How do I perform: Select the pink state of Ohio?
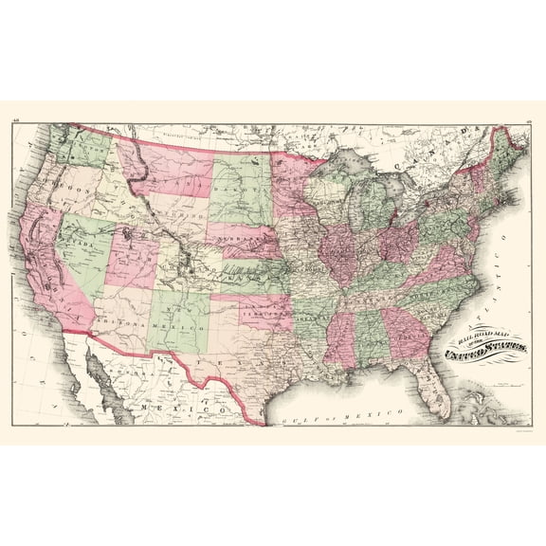click(x=397, y=238)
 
